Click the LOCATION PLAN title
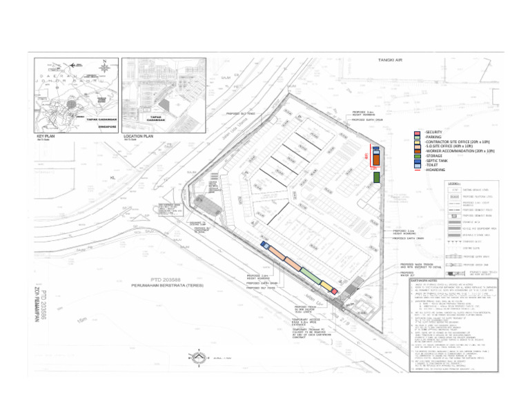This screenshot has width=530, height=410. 137,136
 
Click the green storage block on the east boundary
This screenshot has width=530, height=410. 376,177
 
